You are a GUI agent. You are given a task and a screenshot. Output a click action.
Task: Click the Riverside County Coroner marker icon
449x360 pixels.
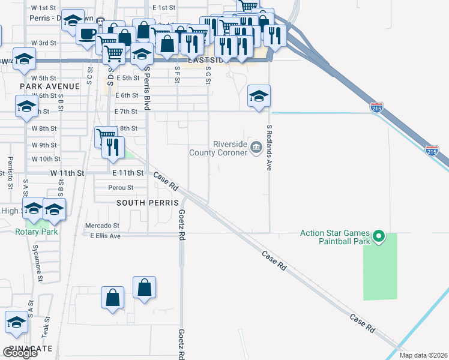click(x=256, y=146)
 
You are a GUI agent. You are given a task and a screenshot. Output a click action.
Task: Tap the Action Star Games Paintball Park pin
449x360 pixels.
click(x=378, y=237)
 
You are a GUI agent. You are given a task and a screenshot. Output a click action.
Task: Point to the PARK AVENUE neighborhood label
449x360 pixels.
click(x=49, y=86)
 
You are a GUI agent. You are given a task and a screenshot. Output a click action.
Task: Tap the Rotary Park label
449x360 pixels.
click(x=37, y=232)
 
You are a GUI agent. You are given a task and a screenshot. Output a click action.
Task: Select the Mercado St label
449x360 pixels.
click(x=103, y=226)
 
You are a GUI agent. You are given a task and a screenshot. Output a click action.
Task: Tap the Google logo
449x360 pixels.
click(x=20, y=353)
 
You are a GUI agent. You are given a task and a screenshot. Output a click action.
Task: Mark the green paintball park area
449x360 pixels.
click(x=380, y=270)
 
